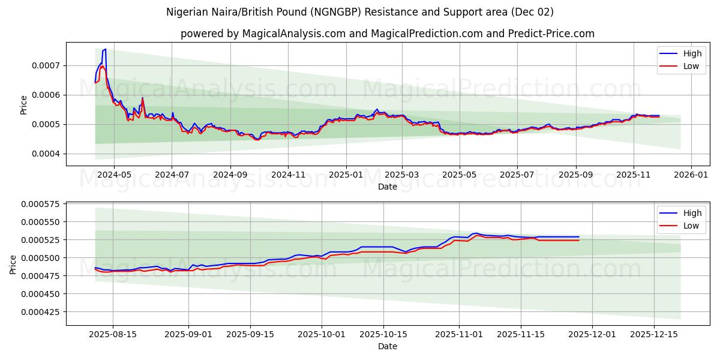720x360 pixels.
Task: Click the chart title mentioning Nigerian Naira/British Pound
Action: click(359, 12)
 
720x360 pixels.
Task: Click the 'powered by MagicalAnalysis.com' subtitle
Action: click(387, 34)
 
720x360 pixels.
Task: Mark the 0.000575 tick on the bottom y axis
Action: click(43, 204)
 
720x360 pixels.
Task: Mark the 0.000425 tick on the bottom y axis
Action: click(43, 312)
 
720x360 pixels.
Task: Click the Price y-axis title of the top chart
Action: click(24, 105)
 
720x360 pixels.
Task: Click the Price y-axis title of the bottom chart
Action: click(13, 264)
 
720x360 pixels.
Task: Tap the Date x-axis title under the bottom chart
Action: click(387, 346)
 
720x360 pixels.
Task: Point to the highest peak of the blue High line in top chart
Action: click(105, 49)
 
